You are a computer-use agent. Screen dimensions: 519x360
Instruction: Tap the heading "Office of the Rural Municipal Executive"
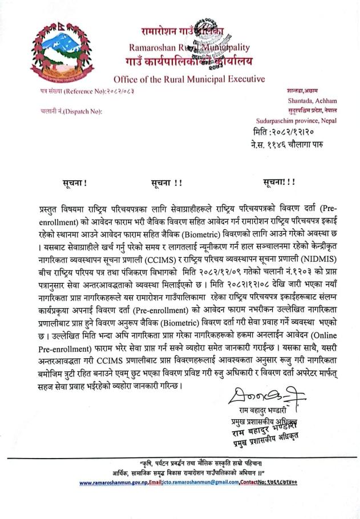tap(189, 78)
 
